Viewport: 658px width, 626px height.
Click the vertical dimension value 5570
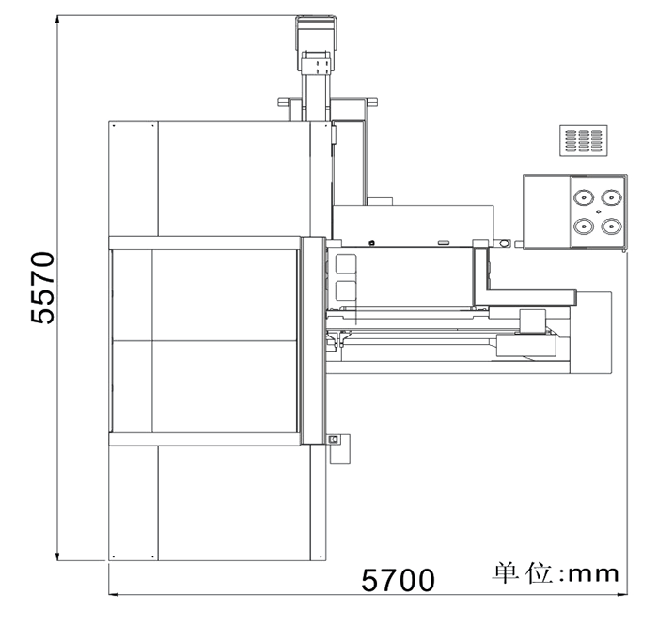(42, 288)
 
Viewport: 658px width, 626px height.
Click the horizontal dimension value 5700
(398, 580)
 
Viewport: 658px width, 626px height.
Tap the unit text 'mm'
(593, 574)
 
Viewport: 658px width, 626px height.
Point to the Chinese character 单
(506, 572)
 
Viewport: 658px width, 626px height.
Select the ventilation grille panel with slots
(584, 141)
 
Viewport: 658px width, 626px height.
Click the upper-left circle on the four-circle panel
(584, 197)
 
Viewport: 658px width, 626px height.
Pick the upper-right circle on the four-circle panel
(611, 197)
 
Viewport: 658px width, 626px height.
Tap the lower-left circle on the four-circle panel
(584, 227)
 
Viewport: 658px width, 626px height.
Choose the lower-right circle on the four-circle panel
(611, 227)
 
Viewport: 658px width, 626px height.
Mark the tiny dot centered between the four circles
(599, 211)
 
